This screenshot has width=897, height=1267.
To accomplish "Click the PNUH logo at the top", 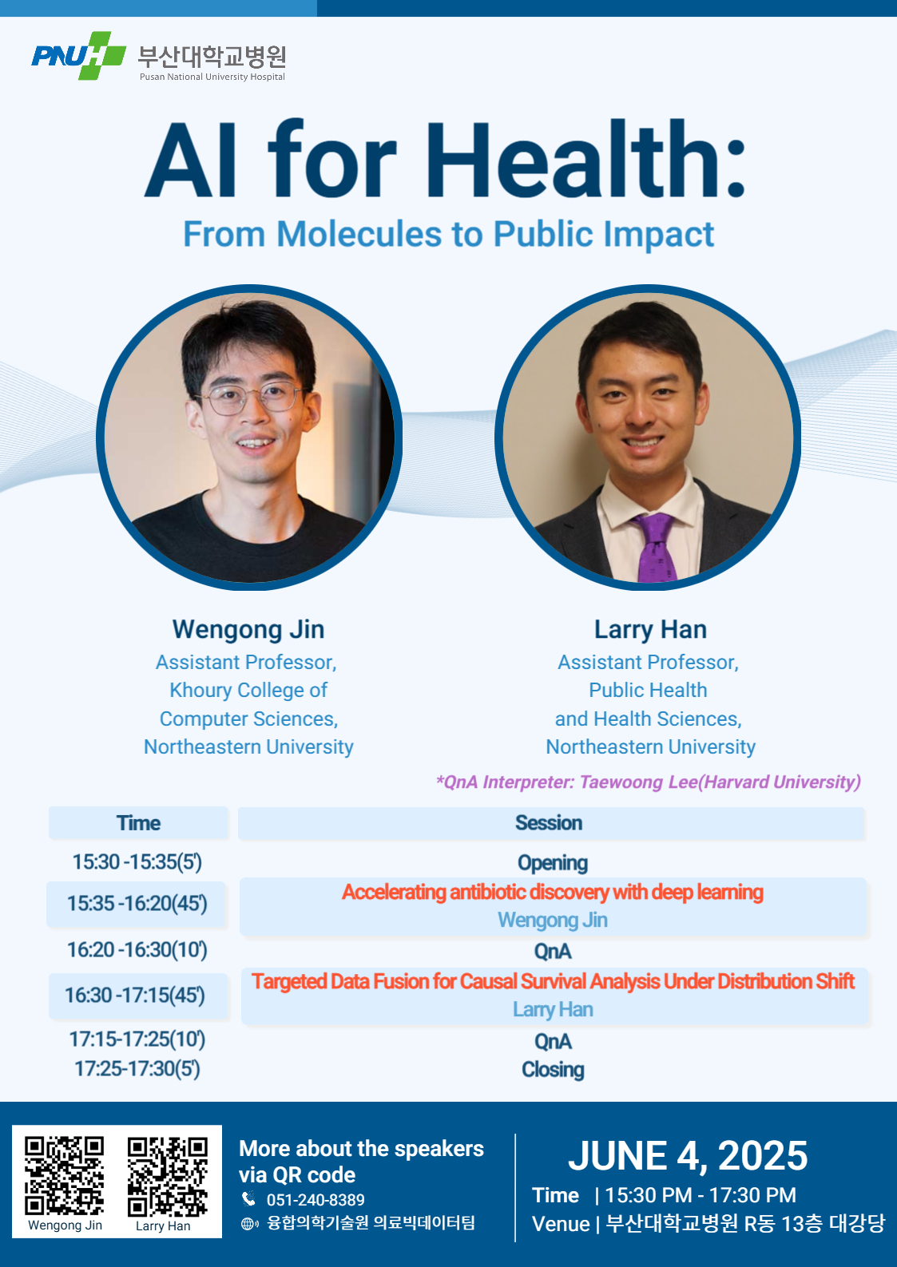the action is (x=78, y=55).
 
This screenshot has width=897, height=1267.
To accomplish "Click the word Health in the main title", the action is (x=572, y=160).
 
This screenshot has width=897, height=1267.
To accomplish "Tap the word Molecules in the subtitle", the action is (x=359, y=234).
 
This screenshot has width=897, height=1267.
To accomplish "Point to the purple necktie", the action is (x=655, y=548).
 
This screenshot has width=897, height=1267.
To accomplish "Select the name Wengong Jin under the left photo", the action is (x=248, y=630).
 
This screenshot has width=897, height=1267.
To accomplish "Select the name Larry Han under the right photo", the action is (x=650, y=630).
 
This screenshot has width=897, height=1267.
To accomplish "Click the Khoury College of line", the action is (x=248, y=690).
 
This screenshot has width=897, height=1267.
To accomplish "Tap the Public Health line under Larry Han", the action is (x=648, y=690).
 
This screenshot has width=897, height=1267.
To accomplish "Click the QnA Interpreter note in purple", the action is (x=649, y=782).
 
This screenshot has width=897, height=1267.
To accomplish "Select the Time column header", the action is (x=139, y=823).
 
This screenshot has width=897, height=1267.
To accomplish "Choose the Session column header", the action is (x=549, y=823).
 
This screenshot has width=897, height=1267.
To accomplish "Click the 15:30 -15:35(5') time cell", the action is (x=137, y=862).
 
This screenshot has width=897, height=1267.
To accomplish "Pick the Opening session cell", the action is (x=553, y=863).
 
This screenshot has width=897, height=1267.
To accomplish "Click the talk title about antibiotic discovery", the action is (x=553, y=892).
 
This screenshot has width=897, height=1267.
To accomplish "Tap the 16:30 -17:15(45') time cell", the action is (x=135, y=995).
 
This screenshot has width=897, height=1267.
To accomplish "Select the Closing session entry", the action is (x=553, y=1070).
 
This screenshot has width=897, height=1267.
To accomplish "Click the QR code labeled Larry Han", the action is (x=167, y=1177).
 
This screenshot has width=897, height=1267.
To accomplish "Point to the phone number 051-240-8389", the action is (x=316, y=1199).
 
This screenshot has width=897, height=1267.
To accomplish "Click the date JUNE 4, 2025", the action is (x=688, y=1155).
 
